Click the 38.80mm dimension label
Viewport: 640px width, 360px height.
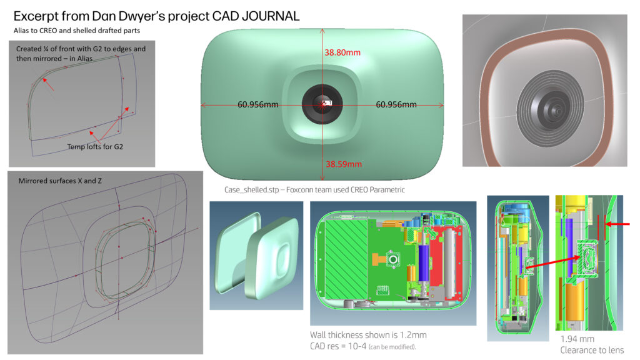(x=342, y=52)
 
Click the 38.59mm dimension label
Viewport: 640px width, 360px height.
(x=344, y=164)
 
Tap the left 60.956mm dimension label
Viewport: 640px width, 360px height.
(x=258, y=104)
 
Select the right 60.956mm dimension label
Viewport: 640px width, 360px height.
(x=396, y=104)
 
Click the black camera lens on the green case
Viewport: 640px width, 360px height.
(x=322, y=104)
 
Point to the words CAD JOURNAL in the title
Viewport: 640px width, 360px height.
(x=256, y=16)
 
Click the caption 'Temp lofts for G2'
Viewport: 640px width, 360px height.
(x=95, y=146)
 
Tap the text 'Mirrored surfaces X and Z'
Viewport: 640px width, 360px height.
(x=60, y=181)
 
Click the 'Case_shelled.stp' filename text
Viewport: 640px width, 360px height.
(x=252, y=190)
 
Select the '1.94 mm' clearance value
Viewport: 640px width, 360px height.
(x=577, y=339)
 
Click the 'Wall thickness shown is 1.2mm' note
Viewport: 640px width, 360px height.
(x=368, y=335)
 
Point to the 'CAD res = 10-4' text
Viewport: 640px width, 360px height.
(x=338, y=346)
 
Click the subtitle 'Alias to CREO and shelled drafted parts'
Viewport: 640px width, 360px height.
(x=77, y=31)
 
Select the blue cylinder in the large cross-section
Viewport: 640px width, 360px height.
(x=424, y=262)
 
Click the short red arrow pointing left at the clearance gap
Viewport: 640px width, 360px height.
(x=617, y=224)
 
